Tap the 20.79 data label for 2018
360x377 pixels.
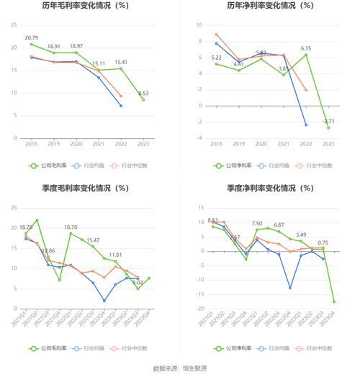click(32, 37)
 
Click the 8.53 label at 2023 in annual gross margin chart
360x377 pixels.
click(143, 93)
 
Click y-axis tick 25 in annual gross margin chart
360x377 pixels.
click(14, 25)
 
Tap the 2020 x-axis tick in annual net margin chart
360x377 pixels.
click(261, 144)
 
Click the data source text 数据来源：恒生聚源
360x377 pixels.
click(180, 368)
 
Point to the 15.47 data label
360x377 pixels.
click(93, 240)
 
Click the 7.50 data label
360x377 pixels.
click(256, 224)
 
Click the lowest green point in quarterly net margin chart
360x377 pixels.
click(334, 301)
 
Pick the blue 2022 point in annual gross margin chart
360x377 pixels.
click(121, 106)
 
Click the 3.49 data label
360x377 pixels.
click(301, 235)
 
